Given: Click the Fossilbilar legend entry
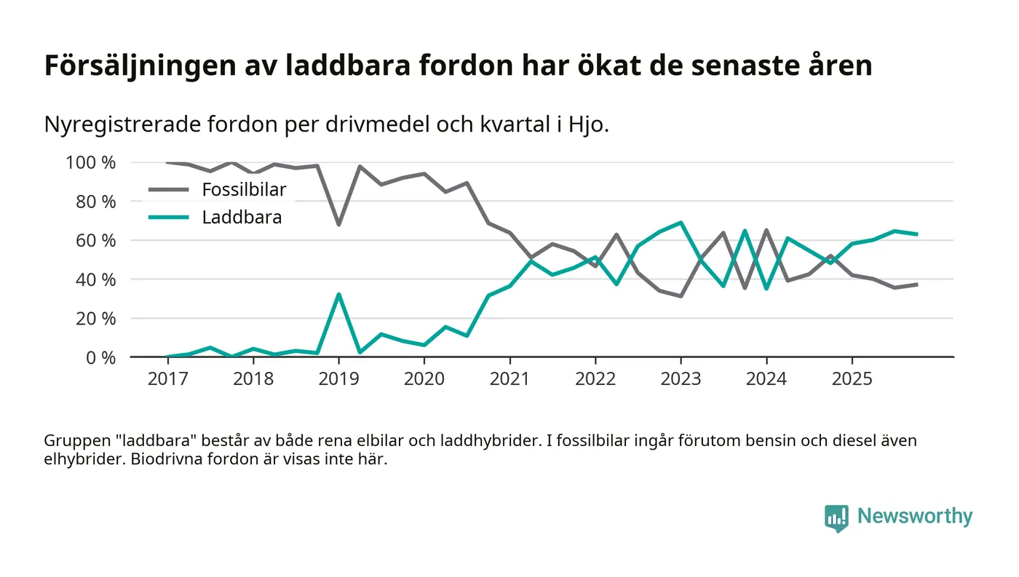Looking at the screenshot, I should click(244, 190).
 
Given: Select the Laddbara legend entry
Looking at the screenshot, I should click(242, 217).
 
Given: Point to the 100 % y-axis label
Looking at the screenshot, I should click(91, 162).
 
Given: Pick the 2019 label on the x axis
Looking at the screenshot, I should click(338, 379).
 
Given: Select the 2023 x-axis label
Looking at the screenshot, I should click(681, 379).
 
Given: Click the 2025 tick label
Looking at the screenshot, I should click(852, 379).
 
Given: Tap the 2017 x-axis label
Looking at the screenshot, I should click(167, 379).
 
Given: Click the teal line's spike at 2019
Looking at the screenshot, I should click(338, 294).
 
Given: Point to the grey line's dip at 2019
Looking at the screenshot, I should click(338, 224).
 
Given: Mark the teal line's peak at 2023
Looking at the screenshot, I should click(681, 222).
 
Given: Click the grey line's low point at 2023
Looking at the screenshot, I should click(681, 296).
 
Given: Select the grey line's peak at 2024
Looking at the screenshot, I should click(766, 230).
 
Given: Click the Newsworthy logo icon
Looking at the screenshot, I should click(836, 517).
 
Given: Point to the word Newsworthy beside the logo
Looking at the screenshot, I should click(915, 516).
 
